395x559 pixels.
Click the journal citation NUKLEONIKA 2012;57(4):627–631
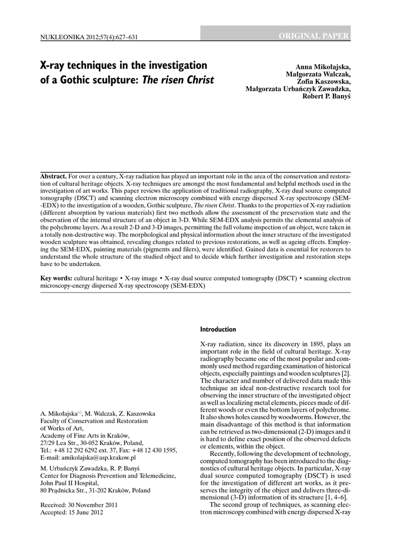pyautogui.click(x=89, y=37)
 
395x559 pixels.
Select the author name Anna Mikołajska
pyautogui.click(x=323, y=67)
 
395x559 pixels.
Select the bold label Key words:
pyautogui.click(x=56, y=278)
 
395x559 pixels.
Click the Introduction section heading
pyautogui.click(x=218, y=330)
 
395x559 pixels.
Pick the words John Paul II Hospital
pyautogui.click(x=70, y=483)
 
